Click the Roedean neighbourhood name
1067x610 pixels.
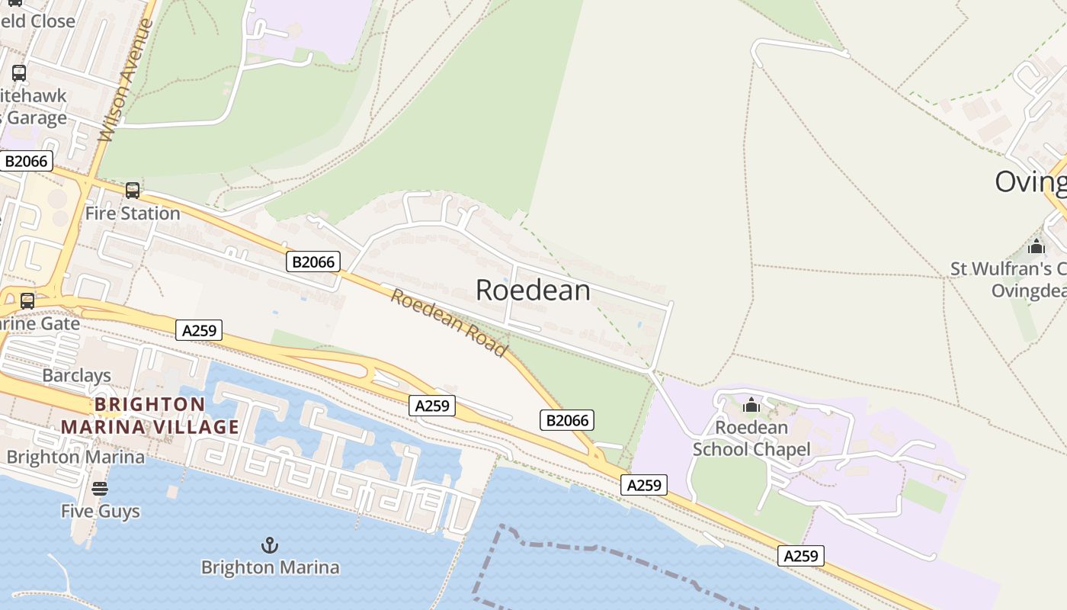click(x=533, y=291)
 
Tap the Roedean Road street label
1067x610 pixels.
click(x=449, y=323)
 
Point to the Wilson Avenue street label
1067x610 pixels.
click(x=127, y=80)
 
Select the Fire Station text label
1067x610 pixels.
click(x=133, y=213)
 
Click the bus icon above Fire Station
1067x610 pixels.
click(x=133, y=191)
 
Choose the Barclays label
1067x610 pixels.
click(x=76, y=375)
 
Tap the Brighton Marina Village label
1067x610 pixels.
click(x=150, y=416)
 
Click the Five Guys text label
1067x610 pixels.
click(x=101, y=511)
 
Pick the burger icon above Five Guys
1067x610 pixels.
click(x=100, y=489)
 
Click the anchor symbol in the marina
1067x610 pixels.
click(x=270, y=545)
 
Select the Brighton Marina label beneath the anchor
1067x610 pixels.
click(x=270, y=567)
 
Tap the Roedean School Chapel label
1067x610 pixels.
click(x=751, y=438)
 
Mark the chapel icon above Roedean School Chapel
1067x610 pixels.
click(x=751, y=405)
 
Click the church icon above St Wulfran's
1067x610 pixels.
click(x=1036, y=247)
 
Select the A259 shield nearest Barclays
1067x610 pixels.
click(x=200, y=330)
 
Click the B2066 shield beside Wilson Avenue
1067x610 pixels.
click(x=27, y=161)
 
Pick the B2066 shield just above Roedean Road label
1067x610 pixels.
click(x=313, y=262)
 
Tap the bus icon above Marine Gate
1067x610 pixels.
click(x=27, y=301)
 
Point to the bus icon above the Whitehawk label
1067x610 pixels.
click(x=19, y=74)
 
